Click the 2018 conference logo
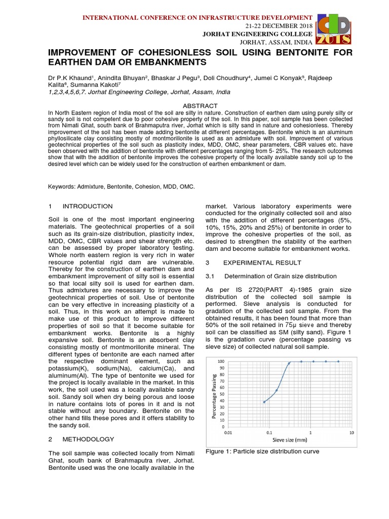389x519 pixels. click(334, 29)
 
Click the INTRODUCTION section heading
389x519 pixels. click(87, 206)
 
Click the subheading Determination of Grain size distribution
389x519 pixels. click(280, 276)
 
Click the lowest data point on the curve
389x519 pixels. click(264, 402)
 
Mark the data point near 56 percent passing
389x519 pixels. click(277, 390)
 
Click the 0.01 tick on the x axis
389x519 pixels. click(228, 433)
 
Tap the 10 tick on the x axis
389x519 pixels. click(352, 433)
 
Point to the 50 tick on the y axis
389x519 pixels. click(221, 394)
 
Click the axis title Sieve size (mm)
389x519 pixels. click(290, 439)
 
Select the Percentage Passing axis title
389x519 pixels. click(213, 394)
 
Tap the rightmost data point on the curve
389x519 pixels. click(338, 361)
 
